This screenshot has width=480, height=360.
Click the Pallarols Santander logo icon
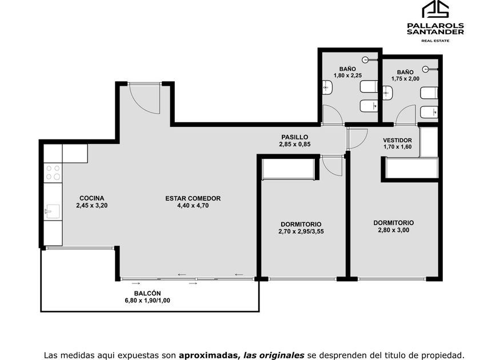pyautogui.click(x=435, y=9)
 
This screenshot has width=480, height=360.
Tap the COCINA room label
pyautogui.click(x=92, y=198)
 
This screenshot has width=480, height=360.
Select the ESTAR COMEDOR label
pyautogui.click(x=193, y=198)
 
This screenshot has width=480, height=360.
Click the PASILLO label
pyautogui.click(x=294, y=137)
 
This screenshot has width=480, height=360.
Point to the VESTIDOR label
pyautogui.click(x=397, y=140)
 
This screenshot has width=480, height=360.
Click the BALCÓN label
pyautogui.click(x=147, y=293)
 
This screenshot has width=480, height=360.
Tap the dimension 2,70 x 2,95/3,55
pyautogui.click(x=301, y=231)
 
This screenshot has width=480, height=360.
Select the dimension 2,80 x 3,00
pyautogui.click(x=393, y=230)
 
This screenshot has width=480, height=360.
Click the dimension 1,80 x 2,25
pyautogui.click(x=348, y=75)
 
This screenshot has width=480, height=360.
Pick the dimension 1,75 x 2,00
pyautogui.click(x=405, y=79)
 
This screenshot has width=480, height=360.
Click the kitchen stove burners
pyautogui.click(x=53, y=173)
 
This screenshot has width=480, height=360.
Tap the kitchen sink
pyautogui.click(x=52, y=211)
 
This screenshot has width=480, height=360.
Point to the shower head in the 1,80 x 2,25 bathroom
pyautogui.click(x=365, y=59)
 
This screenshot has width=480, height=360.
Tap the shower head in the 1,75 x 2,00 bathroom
pyautogui.click(x=426, y=69)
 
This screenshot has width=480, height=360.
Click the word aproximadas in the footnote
pyautogui.click(x=208, y=355)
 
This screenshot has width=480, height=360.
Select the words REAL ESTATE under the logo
pyautogui.click(x=435, y=41)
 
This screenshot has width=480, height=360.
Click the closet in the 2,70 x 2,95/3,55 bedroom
pyautogui.click(x=289, y=169)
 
